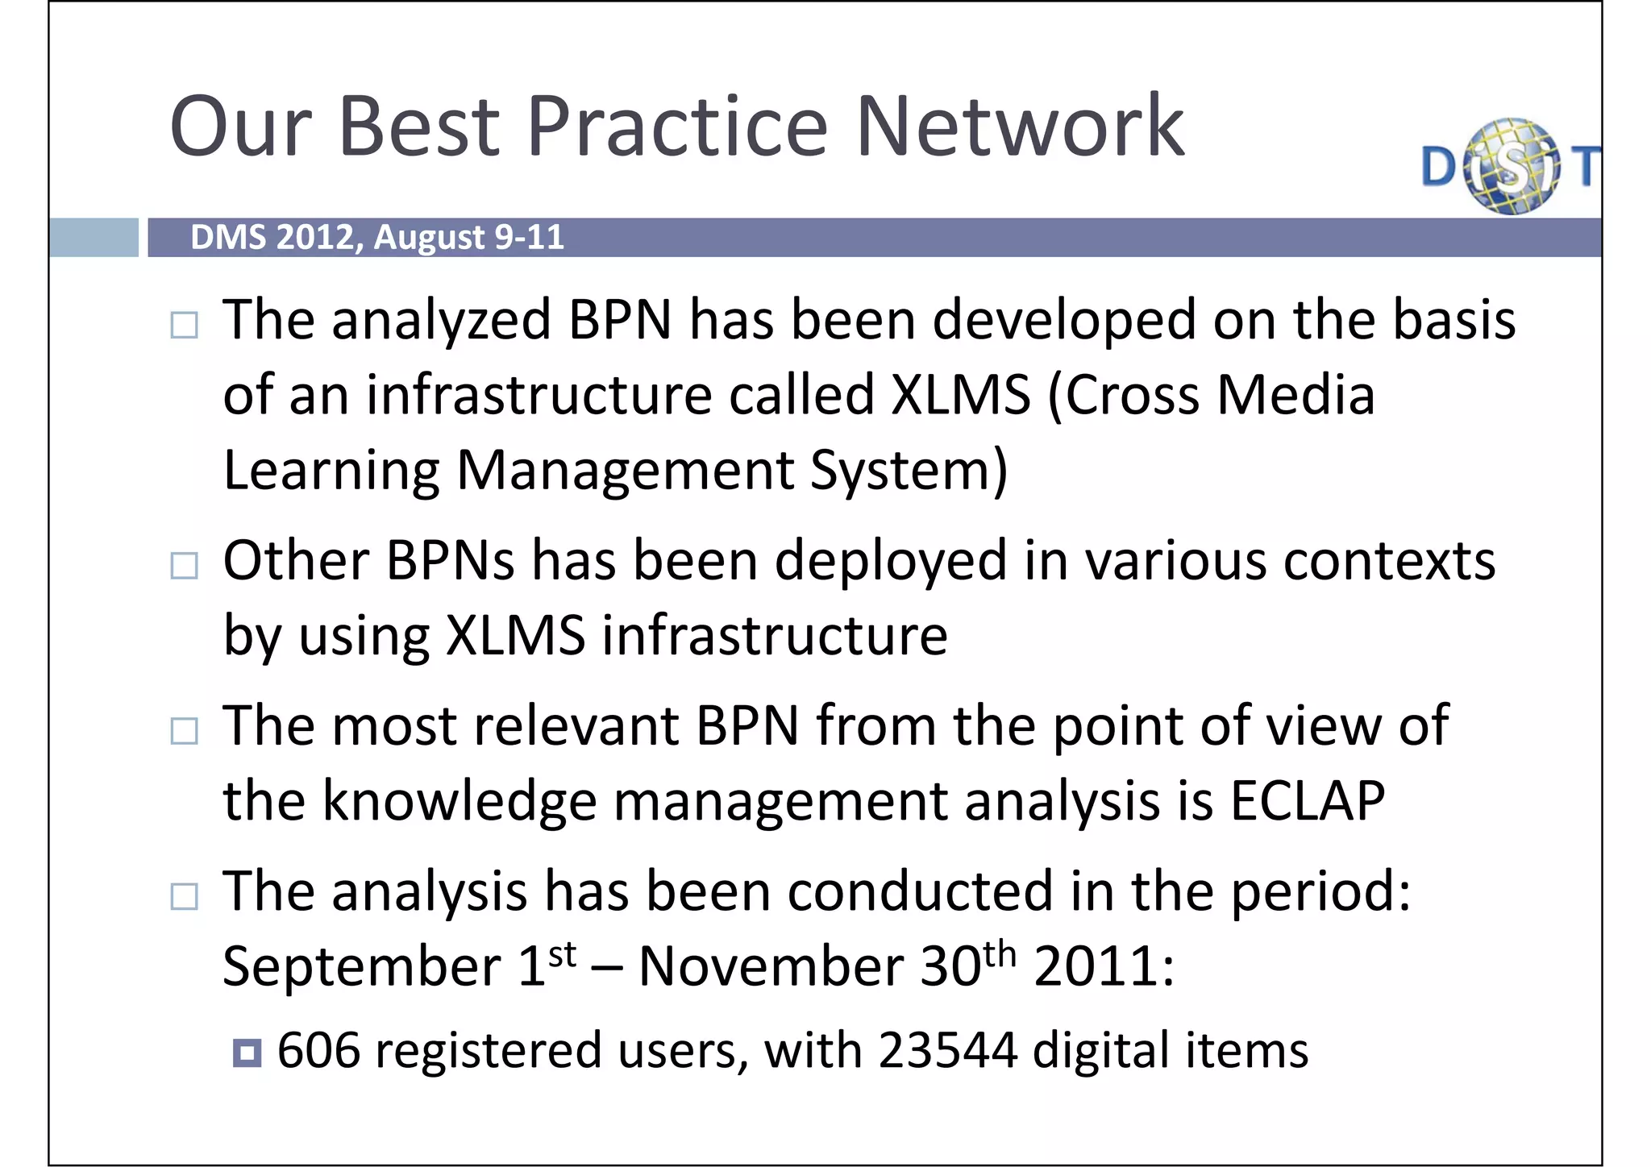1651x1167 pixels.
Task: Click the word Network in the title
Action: tap(1019, 127)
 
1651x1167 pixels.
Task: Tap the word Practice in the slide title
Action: tap(677, 127)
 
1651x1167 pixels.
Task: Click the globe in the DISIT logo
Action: tap(1512, 167)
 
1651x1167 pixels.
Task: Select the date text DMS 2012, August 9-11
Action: tap(376, 238)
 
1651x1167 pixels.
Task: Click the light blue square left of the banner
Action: tap(94, 238)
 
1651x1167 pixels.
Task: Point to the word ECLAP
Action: tap(1307, 801)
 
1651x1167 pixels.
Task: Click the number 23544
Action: tap(947, 1051)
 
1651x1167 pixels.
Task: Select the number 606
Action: tap(318, 1051)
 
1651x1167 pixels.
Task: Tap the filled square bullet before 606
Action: tap(247, 1053)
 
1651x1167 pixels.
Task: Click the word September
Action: tap(362, 966)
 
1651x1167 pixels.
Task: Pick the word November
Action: tap(771, 966)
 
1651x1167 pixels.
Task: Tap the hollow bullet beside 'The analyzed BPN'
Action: tap(185, 326)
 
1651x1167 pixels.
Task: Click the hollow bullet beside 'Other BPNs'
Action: tap(185, 566)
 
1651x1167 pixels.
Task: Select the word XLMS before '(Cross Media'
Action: tap(961, 395)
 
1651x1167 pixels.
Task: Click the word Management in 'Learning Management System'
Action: tap(625, 471)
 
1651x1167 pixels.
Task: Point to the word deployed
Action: tap(891, 562)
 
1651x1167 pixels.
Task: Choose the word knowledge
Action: tap(460, 801)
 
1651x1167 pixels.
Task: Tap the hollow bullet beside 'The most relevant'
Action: tap(185, 731)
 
